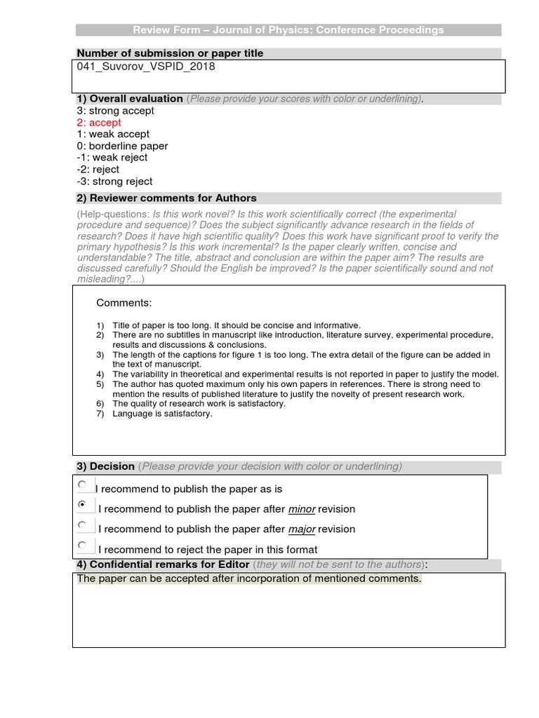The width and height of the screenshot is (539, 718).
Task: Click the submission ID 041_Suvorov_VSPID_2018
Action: [145, 67]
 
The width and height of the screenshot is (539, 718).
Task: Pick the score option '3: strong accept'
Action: [115, 111]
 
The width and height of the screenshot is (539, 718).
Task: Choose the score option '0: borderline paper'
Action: [122, 146]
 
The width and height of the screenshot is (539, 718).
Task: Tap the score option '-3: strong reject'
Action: [114, 182]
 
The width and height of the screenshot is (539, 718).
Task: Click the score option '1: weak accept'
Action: [113, 134]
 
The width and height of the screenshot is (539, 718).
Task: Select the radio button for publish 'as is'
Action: [82, 485]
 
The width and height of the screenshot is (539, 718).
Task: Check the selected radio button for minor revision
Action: [82, 505]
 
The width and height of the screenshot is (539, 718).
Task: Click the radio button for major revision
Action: [82, 524]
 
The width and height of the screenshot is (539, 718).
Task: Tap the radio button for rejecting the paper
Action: [82, 545]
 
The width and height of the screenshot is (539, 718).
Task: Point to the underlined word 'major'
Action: [301, 529]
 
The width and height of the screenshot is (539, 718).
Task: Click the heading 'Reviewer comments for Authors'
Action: [173, 198]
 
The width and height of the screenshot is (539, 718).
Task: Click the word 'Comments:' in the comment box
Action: [124, 303]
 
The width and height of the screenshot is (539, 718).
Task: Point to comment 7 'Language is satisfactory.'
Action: [162, 414]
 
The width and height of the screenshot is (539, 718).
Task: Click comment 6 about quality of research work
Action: [199, 404]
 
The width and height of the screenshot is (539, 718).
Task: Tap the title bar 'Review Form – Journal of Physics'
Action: [288, 30]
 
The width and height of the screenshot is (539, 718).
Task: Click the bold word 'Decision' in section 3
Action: [112, 466]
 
